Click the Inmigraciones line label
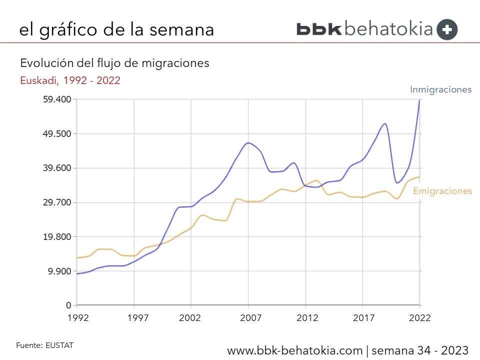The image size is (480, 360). (440, 90)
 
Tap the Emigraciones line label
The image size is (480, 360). (442, 191)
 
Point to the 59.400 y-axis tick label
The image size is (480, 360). (57, 99)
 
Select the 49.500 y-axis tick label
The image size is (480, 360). (57, 134)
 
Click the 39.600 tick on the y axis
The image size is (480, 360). (57, 168)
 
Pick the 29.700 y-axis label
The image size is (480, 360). (57, 202)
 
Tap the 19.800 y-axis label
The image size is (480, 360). (57, 237)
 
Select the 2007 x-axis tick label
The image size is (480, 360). (250, 317)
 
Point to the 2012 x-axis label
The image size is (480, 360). (308, 317)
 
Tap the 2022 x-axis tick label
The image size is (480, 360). (419, 317)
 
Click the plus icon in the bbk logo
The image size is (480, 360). (446, 29)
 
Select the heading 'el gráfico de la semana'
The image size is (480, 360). (116, 29)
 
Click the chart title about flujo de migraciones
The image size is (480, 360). (114, 63)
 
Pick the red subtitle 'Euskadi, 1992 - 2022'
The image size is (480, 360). (70, 80)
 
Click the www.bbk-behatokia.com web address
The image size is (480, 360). (295, 350)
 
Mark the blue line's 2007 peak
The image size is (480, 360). (248, 143)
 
